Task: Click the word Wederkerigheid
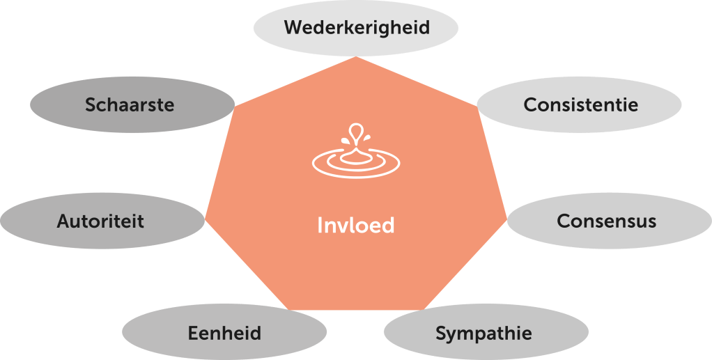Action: pos(356,28)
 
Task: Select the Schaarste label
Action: pos(130,105)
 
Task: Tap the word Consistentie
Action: pos(581,105)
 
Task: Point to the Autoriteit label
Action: pos(100,221)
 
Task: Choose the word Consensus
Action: pos(606,221)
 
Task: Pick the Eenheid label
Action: pos(224,333)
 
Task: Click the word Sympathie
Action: pos(484,333)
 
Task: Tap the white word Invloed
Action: pos(355,226)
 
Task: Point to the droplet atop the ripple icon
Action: pos(357,132)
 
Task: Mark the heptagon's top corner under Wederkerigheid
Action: pos(357,57)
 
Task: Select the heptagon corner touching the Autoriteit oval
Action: pos(206,220)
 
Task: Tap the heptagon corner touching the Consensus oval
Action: pos(506,220)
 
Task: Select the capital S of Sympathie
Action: pos(441,333)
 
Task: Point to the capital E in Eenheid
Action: pos(193,333)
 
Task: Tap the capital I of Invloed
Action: pos(320,226)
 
